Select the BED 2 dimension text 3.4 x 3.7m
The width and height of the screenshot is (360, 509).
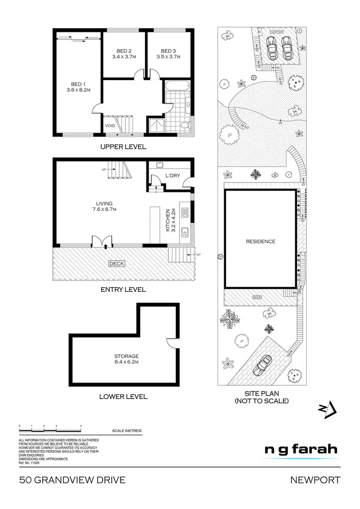[x=124, y=57]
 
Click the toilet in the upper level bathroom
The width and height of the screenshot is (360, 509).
[x=185, y=125]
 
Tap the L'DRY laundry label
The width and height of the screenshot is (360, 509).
[x=172, y=175]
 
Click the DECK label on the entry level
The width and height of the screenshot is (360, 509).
[x=116, y=263]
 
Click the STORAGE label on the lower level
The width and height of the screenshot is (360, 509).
[x=126, y=356]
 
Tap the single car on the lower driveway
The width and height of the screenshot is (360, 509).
[x=263, y=367]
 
